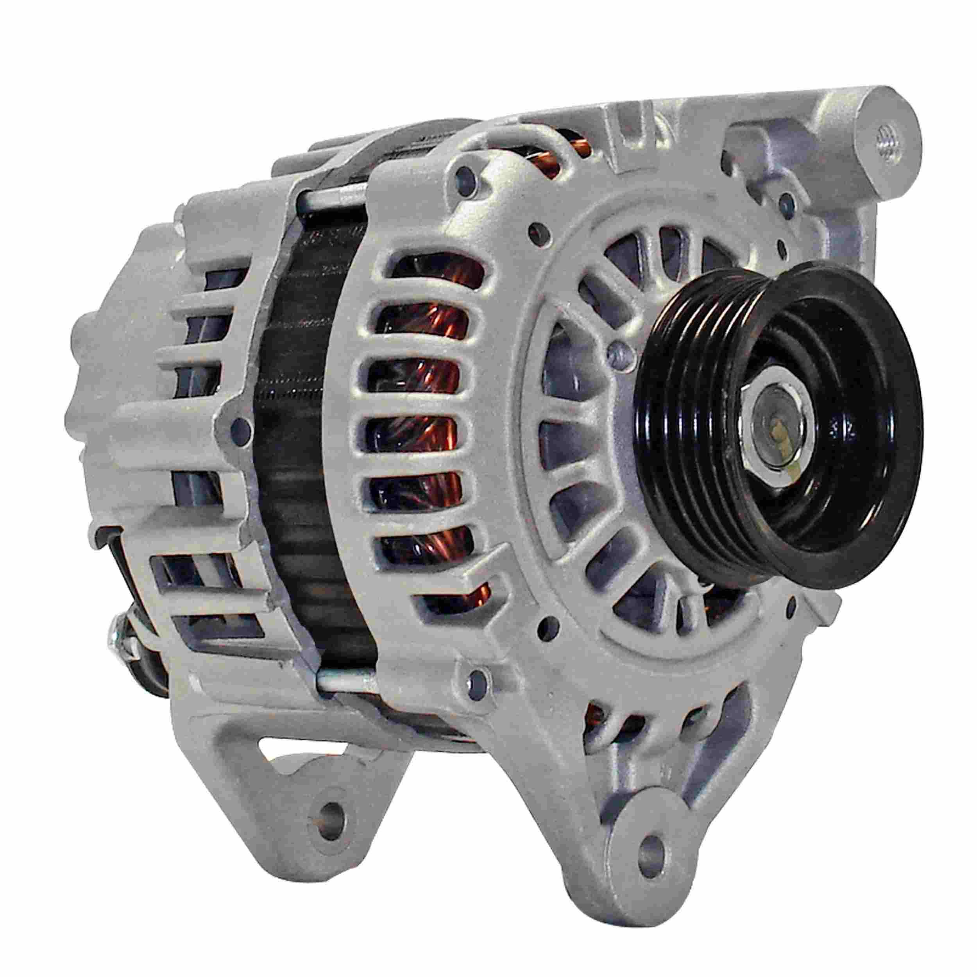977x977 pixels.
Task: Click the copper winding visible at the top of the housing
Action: click(x=571, y=144)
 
